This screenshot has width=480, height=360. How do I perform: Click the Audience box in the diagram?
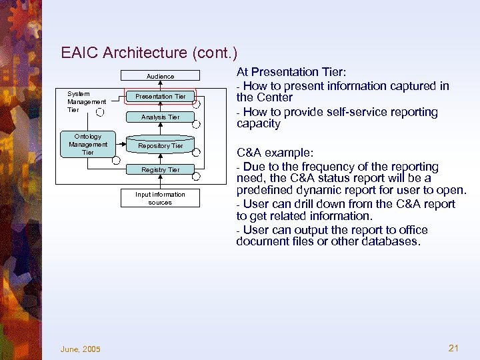tap(160, 76)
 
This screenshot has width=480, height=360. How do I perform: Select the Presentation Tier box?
tap(160, 97)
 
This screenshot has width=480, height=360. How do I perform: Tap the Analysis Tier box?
tap(160, 117)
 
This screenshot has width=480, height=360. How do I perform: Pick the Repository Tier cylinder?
tap(160, 145)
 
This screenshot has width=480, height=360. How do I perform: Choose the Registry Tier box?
tap(160, 170)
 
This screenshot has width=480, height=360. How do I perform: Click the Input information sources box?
tap(160, 198)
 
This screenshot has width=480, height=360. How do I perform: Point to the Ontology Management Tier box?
tap(88, 144)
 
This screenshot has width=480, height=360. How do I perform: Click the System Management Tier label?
tap(86, 101)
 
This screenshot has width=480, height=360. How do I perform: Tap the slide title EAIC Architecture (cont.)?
tap(149, 52)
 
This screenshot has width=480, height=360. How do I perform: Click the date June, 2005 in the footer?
tap(80, 349)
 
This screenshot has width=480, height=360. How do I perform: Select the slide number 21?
tap(454, 348)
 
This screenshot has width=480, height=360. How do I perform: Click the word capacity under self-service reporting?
tap(258, 124)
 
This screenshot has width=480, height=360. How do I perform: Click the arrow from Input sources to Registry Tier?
tap(160, 182)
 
